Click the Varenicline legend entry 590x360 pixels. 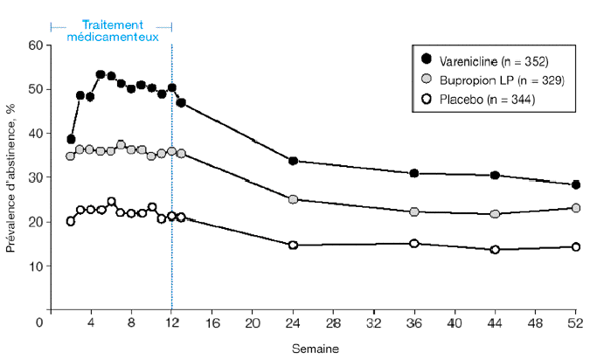pyautogui.click(x=489, y=59)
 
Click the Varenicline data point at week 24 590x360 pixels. pyautogui.click(x=293, y=161)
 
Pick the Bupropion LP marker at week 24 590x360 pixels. pyautogui.click(x=293, y=199)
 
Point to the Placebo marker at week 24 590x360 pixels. pyautogui.click(x=293, y=245)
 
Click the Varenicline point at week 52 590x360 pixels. pyautogui.click(x=575, y=184)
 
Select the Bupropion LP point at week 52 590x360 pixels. pyautogui.click(x=575, y=208)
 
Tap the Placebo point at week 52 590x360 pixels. pyautogui.click(x=575, y=246)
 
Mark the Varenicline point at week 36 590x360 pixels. pyautogui.click(x=414, y=173)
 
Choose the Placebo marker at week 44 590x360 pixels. pyautogui.click(x=495, y=249)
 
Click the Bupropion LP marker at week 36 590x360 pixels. pyautogui.click(x=414, y=211)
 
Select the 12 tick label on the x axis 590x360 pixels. pyautogui.click(x=172, y=322)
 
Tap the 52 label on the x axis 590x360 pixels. pyautogui.click(x=575, y=322)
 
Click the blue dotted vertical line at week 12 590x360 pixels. pyautogui.click(x=172, y=218)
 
